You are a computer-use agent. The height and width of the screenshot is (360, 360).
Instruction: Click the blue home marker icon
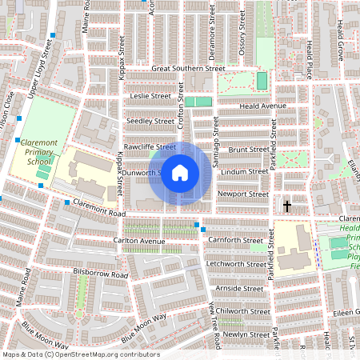click(180, 172)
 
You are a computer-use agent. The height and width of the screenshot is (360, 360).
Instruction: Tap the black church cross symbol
click(286, 206)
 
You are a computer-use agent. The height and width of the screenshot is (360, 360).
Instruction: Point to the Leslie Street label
click(150, 95)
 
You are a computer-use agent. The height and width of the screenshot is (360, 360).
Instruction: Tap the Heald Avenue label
click(262, 106)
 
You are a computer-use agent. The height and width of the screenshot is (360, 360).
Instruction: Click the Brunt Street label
click(247, 150)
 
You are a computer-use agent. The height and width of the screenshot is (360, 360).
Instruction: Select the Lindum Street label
click(246, 171)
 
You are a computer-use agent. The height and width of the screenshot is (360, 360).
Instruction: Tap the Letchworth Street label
click(235, 263)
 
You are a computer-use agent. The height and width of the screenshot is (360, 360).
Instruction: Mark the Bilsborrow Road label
click(100, 274)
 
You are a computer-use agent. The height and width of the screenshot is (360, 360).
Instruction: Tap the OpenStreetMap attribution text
click(81, 354)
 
